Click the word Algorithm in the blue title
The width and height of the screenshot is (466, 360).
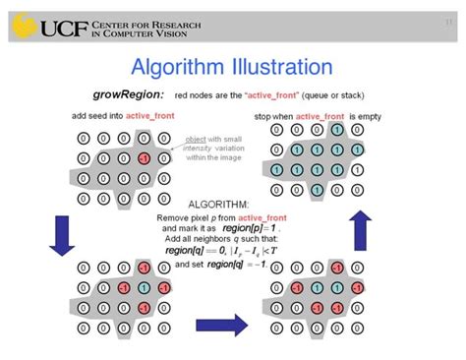(176, 68)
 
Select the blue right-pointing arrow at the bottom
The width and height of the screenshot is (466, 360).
(221, 323)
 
